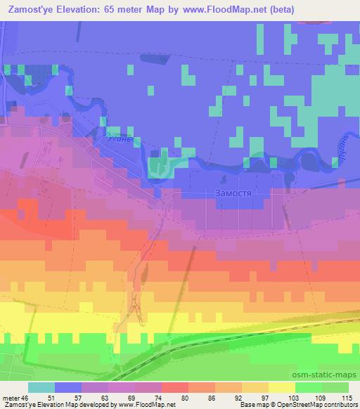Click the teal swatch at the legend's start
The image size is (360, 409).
41,387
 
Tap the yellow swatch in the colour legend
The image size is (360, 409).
281,387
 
